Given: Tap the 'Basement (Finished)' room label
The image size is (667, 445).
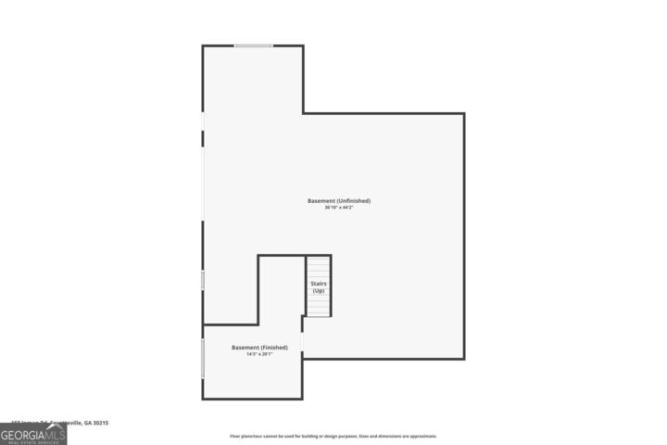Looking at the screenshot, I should click(x=259, y=348).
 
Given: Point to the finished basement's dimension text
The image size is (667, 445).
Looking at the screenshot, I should click(x=259, y=355).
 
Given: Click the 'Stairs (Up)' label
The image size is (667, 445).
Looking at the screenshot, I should click(x=319, y=287).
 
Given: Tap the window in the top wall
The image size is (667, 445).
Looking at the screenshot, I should click(x=253, y=45).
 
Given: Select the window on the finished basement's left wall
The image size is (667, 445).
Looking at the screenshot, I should click(x=203, y=358).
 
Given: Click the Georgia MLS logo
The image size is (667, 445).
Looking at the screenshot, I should click(x=33, y=433).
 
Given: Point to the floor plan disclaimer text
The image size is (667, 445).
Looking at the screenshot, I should click(x=333, y=436).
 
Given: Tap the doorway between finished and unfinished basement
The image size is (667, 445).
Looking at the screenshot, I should click(x=302, y=342).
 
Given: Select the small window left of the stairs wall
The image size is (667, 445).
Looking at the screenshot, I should click(x=203, y=279).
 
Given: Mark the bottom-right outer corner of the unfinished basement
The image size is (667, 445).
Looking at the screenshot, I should click(x=463, y=359).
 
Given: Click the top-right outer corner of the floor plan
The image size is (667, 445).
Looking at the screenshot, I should click(x=463, y=113).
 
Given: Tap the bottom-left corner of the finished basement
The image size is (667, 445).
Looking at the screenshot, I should click(x=203, y=399).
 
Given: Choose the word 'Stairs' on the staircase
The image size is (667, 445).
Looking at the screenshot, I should click(x=319, y=284).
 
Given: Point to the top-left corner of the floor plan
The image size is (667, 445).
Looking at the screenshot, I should click(x=203, y=45).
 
